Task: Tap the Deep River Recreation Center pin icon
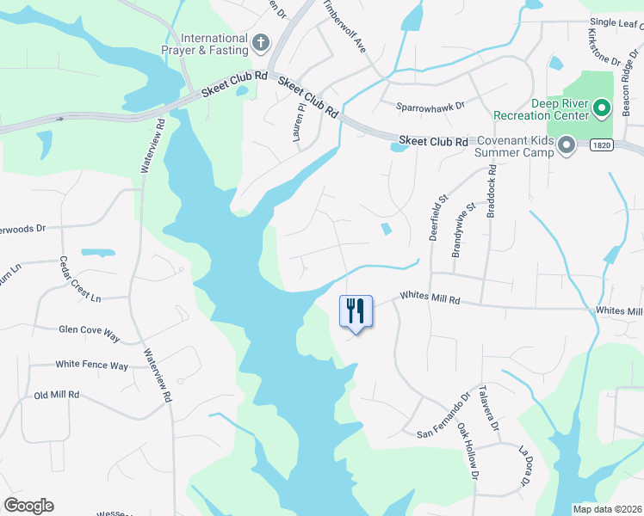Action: pos(604,108)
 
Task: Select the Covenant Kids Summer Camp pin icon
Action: pos(566,147)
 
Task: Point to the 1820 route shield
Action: pos(602,146)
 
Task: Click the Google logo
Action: pos(28,506)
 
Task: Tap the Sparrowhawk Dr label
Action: pos(430,107)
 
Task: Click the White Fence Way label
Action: pos(91,365)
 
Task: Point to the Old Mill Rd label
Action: pos(56,395)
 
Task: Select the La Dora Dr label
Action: pos(523,466)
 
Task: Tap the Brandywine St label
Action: pos(463,230)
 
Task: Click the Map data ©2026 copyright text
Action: pos(607,509)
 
